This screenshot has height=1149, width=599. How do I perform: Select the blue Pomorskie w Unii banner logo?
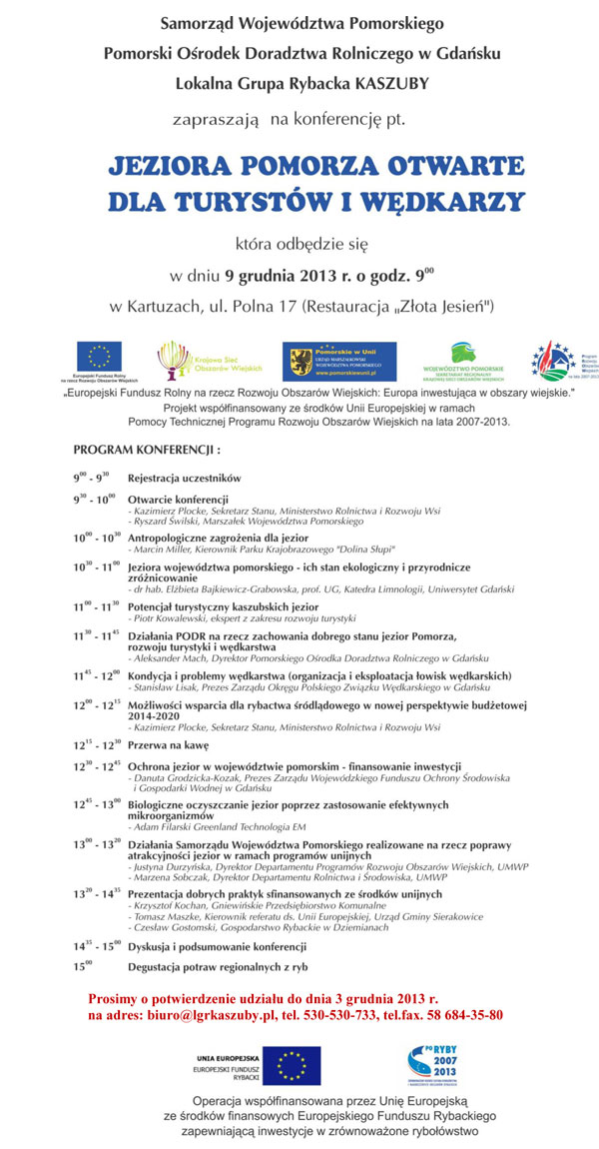tap(338, 362)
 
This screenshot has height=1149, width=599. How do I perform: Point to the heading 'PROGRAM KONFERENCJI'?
tap(147, 451)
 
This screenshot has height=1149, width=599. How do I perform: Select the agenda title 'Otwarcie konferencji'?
tap(178, 498)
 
